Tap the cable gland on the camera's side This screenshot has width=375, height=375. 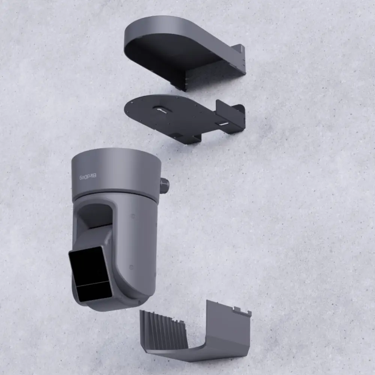tap(164, 186)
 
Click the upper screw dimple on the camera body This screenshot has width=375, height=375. tap(133, 216)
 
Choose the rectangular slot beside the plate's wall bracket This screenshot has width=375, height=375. tap(222, 124)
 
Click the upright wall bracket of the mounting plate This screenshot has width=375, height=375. tap(229, 112)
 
